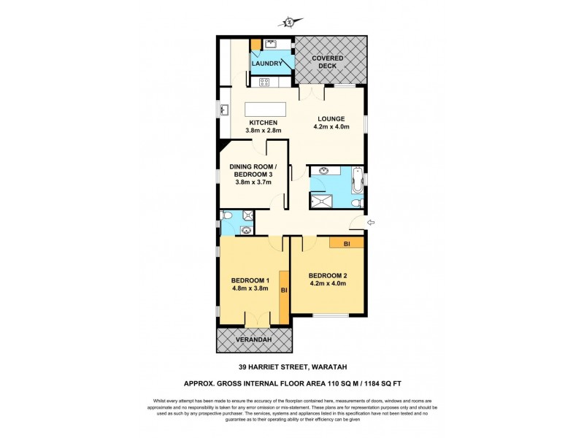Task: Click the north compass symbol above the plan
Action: pyautogui.click(x=290, y=23)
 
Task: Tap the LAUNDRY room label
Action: pyautogui.click(x=267, y=64)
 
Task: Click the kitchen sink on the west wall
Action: pyautogui.click(x=224, y=112)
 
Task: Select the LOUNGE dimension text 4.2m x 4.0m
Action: pyautogui.click(x=331, y=128)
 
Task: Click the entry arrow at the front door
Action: pyautogui.click(x=371, y=223)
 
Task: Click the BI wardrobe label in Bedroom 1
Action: pyautogui.click(x=284, y=291)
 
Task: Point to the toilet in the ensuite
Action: pyautogui.click(x=228, y=216)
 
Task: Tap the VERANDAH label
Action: pyautogui.click(x=253, y=339)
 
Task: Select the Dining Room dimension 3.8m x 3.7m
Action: pyautogui.click(x=250, y=182)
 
